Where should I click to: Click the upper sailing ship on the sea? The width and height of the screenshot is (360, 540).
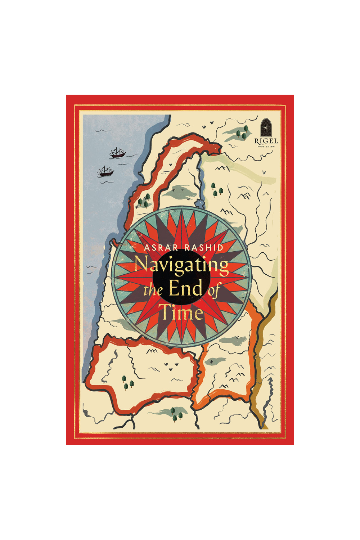117,153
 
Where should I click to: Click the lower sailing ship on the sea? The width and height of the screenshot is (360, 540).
105,172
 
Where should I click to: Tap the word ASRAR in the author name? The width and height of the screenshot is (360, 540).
161,248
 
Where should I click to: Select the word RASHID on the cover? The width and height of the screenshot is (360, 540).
204,248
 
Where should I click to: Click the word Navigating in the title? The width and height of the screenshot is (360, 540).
181,265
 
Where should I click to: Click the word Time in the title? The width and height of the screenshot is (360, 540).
181,312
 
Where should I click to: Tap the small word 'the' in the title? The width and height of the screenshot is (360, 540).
153,290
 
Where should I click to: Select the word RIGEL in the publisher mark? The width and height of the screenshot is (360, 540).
266,141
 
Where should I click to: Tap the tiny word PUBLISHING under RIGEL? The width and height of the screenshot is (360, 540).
266,147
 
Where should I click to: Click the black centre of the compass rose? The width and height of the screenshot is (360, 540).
181,277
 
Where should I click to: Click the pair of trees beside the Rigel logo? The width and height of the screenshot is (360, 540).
242,132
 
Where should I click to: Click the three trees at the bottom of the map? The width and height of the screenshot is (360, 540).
176,414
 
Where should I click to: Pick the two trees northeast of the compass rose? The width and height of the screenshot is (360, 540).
216,190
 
